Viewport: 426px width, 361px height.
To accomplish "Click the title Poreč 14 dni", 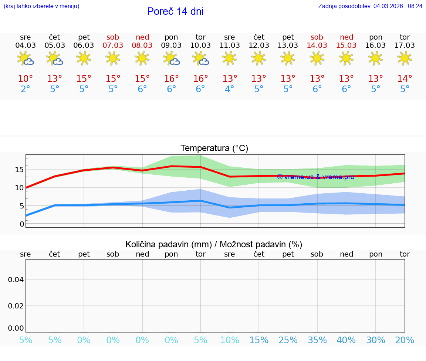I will [175, 11].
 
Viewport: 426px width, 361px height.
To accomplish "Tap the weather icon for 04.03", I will [26, 59].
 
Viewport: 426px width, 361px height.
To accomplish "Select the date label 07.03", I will [113, 45].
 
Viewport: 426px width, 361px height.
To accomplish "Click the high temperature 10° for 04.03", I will [26, 79].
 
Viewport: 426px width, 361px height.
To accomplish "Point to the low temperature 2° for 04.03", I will [26, 89].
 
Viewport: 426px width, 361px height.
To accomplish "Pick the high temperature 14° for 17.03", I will [405, 79].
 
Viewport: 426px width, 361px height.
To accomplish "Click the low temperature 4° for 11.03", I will [230, 89].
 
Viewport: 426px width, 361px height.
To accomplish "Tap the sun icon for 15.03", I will [346, 58].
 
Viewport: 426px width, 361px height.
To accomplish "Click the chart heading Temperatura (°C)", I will [214, 148].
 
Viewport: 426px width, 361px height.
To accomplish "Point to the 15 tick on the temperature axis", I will [19, 170].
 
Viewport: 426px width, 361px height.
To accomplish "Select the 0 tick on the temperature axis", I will [22, 224].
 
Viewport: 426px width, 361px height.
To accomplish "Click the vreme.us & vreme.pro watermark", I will [315, 177].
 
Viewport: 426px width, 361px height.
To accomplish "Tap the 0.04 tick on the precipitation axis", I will [16, 280].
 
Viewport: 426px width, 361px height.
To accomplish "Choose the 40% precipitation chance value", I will [346, 340].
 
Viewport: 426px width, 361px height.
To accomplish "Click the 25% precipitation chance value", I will [288, 340].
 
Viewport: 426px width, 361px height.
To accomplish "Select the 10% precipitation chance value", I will [230, 340].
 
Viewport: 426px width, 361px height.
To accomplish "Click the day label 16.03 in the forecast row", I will [375, 45].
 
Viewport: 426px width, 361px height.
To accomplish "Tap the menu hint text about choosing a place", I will [41, 6].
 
